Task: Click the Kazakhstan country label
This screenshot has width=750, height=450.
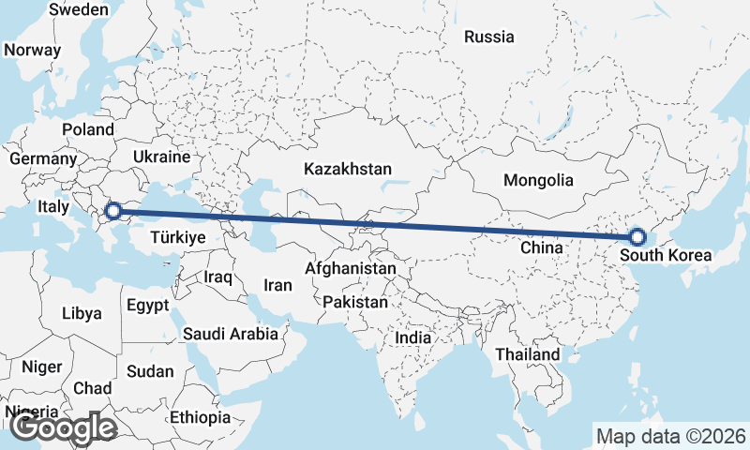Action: pyautogui.click(x=347, y=169)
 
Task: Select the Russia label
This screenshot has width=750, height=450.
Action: pyautogui.click(x=489, y=37)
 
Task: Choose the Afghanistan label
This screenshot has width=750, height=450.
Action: pyautogui.click(x=351, y=268)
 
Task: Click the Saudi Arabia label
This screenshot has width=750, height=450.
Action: pyautogui.click(x=230, y=333)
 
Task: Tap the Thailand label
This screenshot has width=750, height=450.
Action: pyautogui.click(x=528, y=354)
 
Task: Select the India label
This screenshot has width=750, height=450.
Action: pyautogui.click(x=413, y=337)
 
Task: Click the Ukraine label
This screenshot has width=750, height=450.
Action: pyautogui.click(x=161, y=157)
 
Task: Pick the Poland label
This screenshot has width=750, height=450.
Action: pyautogui.click(x=88, y=129)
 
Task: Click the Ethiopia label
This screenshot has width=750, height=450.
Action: pyautogui.click(x=201, y=416)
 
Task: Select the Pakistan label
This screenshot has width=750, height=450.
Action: pyautogui.click(x=354, y=303)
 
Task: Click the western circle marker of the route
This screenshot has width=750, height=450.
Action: pyautogui.click(x=114, y=212)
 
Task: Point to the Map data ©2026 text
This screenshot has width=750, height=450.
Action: pyautogui.click(x=670, y=436)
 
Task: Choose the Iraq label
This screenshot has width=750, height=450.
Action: pyautogui.click(x=217, y=277)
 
